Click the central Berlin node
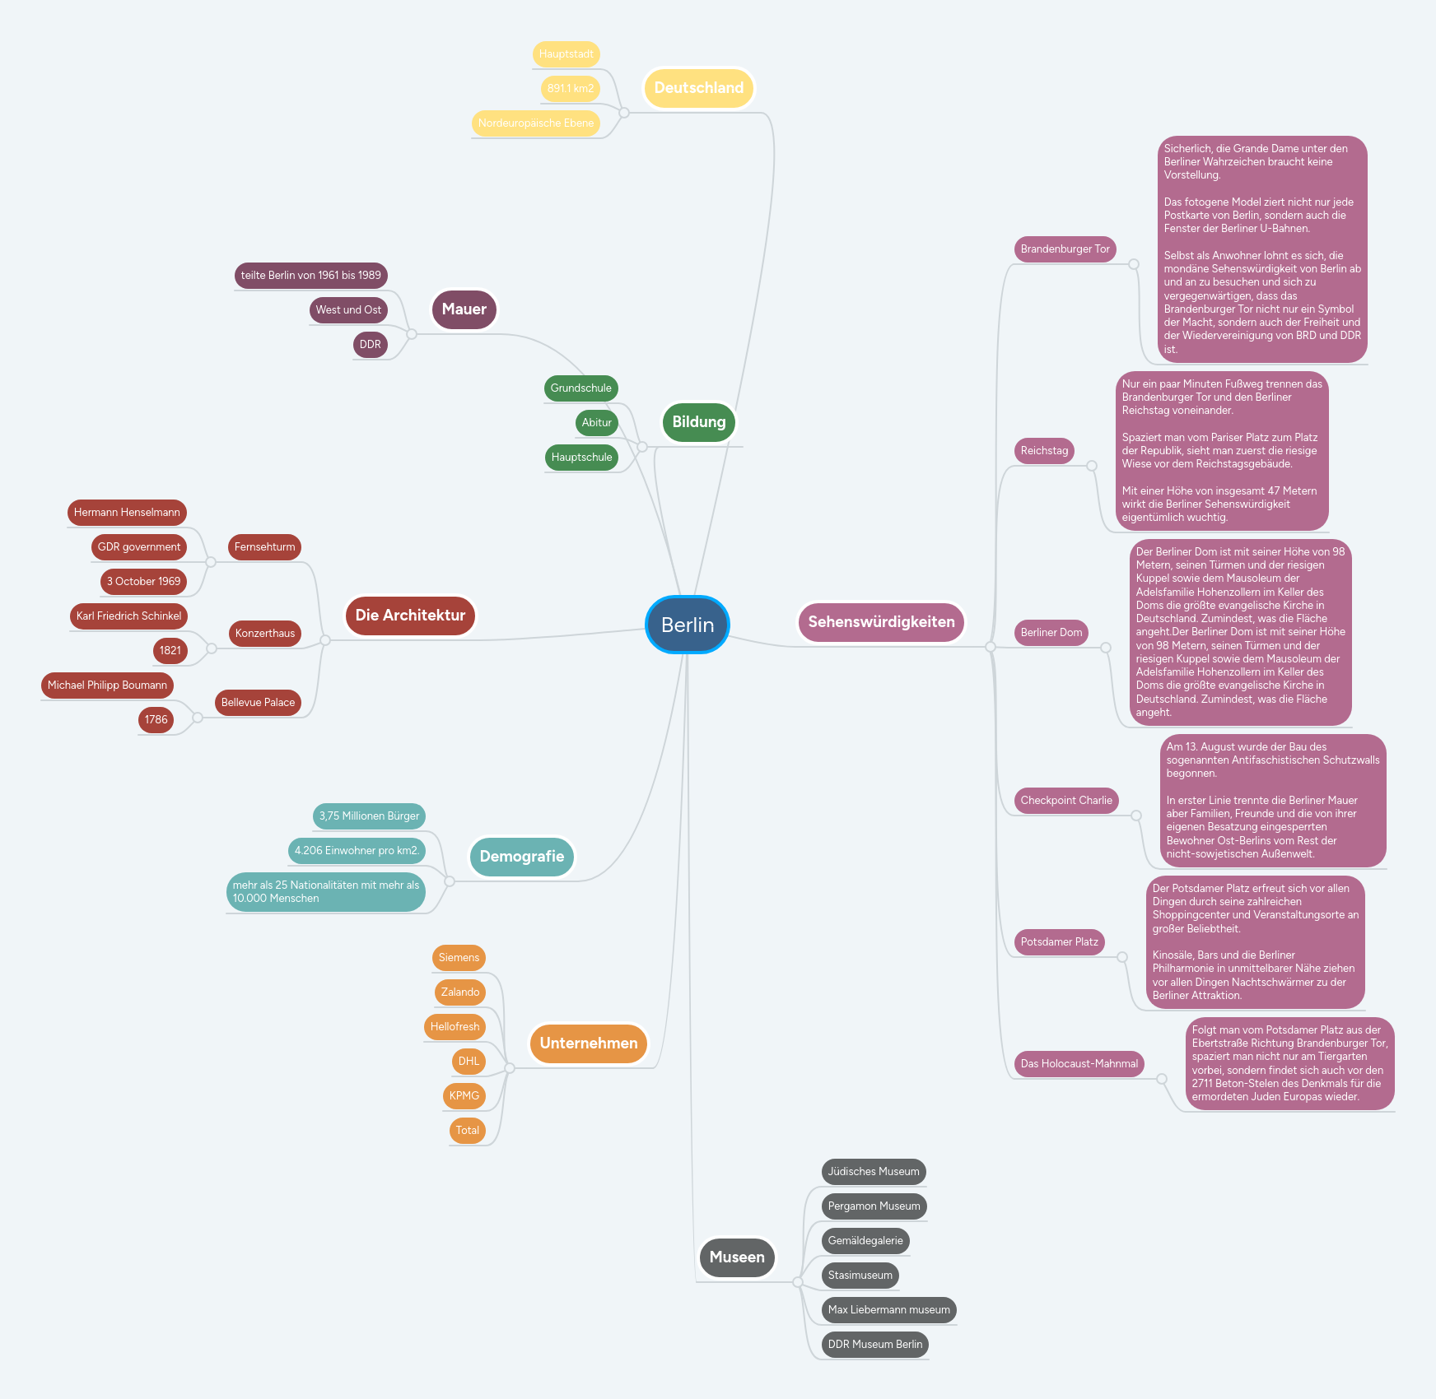pyautogui.click(x=688, y=625)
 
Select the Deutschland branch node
pyautogui.click(x=698, y=88)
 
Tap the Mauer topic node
pyautogui.click(x=464, y=309)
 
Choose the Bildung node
pyautogui.click(x=698, y=422)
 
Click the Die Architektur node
pyautogui.click(x=410, y=616)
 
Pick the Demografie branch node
pyautogui.click(x=521, y=857)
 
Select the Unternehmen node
pyautogui.click(x=588, y=1043)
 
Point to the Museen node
pyautogui.click(x=736, y=1257)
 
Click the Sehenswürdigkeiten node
pyautogui.click(x=881, y=622)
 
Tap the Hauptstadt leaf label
pyautogui.click(x=566, y=54)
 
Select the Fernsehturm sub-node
pyautogui.click(x=264, y=547)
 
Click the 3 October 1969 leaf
pyautogui.click(x=143, y=582)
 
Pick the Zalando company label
pyautogui.click(x=459, y=992)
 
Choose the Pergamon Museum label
pyautogui.click(x=874, y=1206)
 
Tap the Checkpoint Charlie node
pyautogui.click(x=1065, y=801)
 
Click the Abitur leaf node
pyautogui.click(x=596, y=423)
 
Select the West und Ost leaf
pyautogui.click(x=348, y=310)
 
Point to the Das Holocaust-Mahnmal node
pyautogui.click(x=1079, y=1064)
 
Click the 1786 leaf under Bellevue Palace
pyautogui.click(x=156, y=720)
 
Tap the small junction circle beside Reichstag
pyautogui.click(x=1092, y=466)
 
